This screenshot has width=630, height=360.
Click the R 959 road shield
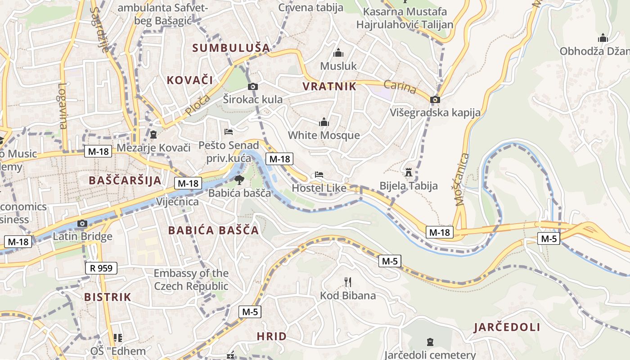click(x=101, y=269)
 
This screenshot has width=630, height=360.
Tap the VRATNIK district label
click(x=329, y=86)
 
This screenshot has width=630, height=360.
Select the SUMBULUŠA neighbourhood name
click(x=231, y=48)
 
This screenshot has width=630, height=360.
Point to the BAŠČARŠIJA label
click(x=125, y=180)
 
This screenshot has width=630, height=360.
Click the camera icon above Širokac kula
click(x=253, y=86)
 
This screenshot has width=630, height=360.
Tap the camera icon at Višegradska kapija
click(x=435, y=99)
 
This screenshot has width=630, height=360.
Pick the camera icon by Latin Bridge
click(x=82, y=223)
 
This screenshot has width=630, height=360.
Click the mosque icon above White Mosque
click(x=324, y=122)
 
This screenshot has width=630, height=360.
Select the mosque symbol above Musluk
click(x=338, y=53)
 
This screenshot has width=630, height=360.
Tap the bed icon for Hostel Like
click(x=319, y=174)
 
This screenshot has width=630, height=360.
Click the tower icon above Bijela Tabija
click(x=409, y=172)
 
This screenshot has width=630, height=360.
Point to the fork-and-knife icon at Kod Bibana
click(x=347, y=282)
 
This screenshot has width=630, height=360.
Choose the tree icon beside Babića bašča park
click(x=239, y=180)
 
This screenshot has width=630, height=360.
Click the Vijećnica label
click(x=177, y=202)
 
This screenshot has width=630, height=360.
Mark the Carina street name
click(x=400, y=86)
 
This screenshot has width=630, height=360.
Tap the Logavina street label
click(x=63, y=106)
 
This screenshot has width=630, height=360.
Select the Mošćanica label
click(x=462, y=180)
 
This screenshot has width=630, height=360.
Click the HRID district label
click(x=271, y=336)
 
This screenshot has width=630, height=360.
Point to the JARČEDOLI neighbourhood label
click(x=507, y=327)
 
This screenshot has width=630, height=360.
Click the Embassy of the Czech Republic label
click(x=191, y=279)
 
